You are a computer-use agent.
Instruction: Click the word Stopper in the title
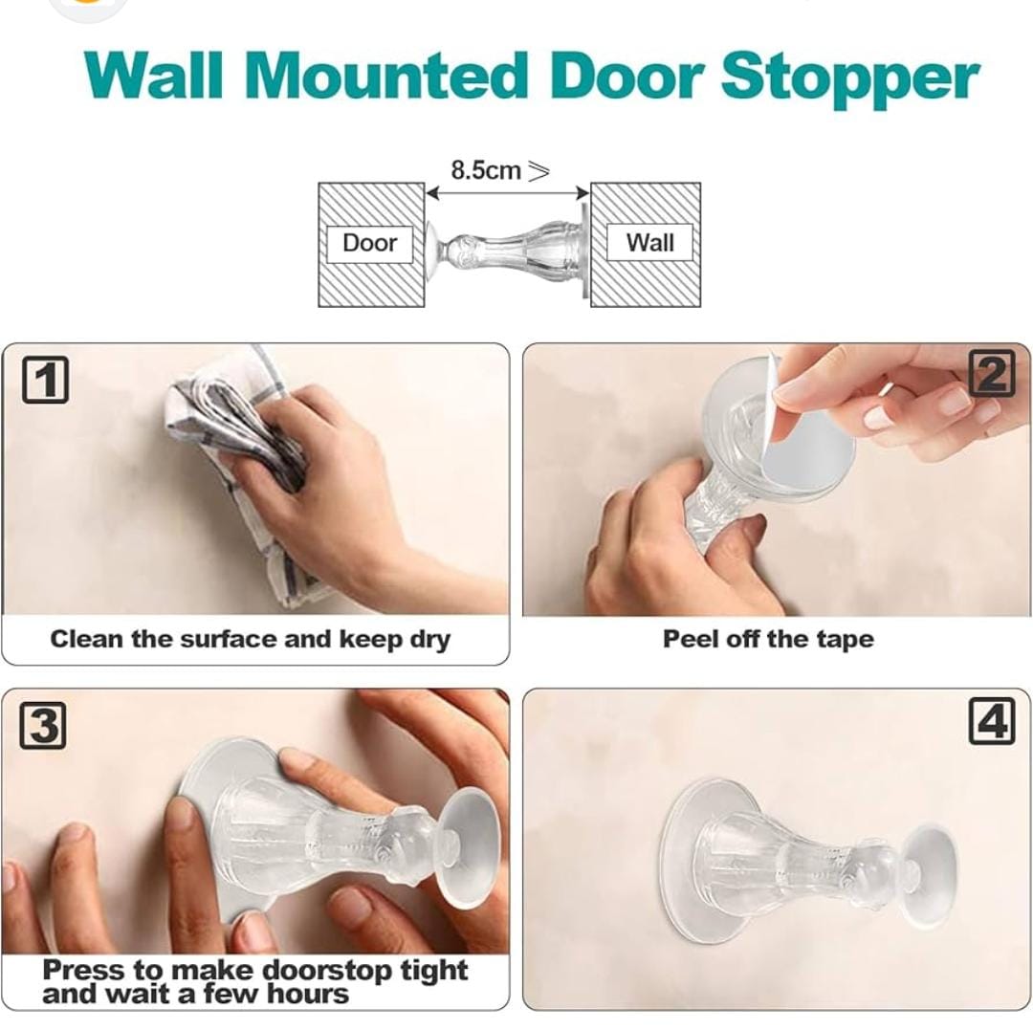coord(849,77)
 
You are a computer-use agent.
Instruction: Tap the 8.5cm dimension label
coord(487,171)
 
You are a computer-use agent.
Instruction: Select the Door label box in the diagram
coord(369,243)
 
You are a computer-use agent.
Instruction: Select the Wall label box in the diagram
coord(649,243)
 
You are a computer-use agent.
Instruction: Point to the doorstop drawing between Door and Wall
coord(507,246)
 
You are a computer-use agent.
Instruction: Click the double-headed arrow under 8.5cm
coord(507,194)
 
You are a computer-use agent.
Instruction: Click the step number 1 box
coord(45,380)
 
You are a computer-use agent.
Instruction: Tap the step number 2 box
coord(991,374)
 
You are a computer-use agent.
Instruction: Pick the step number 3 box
coord(43,726)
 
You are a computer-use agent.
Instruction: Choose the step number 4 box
coord(991,720)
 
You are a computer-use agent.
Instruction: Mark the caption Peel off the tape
coord(768,639)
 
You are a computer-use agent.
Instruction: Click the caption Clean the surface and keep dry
coord(250,639)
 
